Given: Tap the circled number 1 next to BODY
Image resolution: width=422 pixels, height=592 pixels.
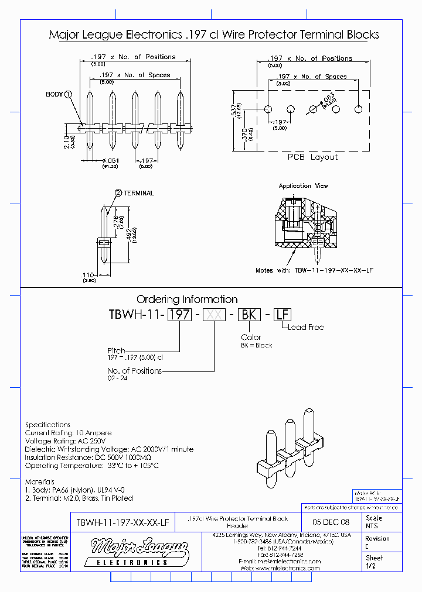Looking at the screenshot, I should [x=69, y=94].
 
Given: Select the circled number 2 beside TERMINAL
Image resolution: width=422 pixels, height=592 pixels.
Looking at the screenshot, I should [x=118, y=193].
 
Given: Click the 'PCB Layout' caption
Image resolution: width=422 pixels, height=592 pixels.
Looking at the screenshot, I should [x=312, y=157].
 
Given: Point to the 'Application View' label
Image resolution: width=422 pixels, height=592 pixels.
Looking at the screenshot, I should [x=304, y=186].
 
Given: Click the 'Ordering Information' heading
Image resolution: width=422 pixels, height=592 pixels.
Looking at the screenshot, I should [x=187, y=300].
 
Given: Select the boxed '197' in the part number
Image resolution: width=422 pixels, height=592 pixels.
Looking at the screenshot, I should [x=180, y=314].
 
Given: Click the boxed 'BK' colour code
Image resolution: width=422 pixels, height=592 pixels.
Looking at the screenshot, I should [x=249, y=314].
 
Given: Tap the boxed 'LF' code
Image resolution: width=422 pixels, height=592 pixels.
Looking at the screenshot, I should [x=283, y=314].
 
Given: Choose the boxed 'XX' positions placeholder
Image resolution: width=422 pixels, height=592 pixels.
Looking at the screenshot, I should [x=214, y=314].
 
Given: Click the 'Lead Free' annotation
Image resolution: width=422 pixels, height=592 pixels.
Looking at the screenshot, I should [x=305, y=327].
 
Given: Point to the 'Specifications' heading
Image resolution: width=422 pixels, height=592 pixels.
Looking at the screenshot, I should [x=47, y=425].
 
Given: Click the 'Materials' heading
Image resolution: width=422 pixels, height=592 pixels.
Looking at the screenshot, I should [x=43, y=481].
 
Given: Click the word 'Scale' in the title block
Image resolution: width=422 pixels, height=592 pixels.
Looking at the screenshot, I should [x=373, y=518].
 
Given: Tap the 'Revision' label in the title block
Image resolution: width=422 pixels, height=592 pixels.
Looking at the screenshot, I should [x=377, y=539].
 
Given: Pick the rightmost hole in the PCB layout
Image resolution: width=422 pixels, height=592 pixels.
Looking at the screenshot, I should [x=358, y=109].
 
